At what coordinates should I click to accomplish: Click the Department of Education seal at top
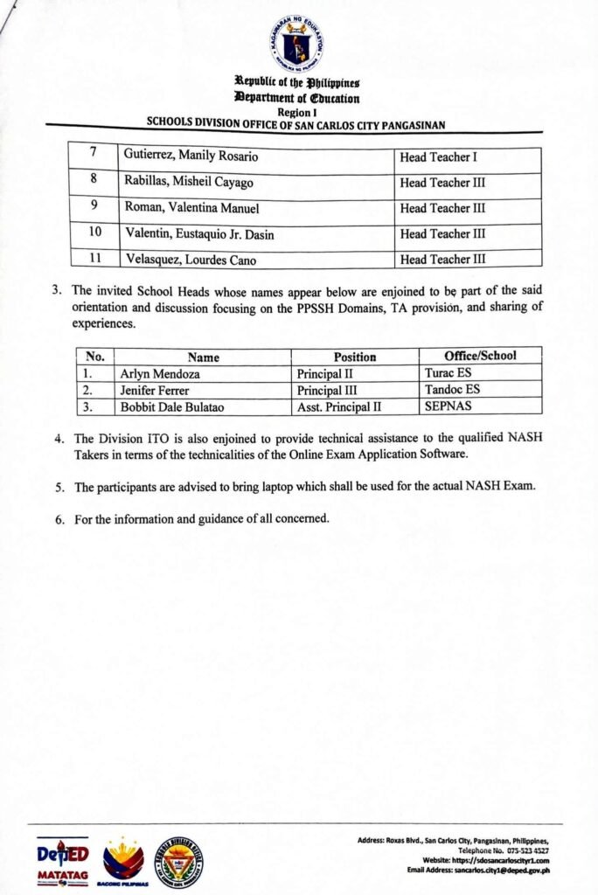(296, 45)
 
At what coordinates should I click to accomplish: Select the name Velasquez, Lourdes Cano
(189, 260)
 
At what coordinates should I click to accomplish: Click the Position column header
(354, 357)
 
